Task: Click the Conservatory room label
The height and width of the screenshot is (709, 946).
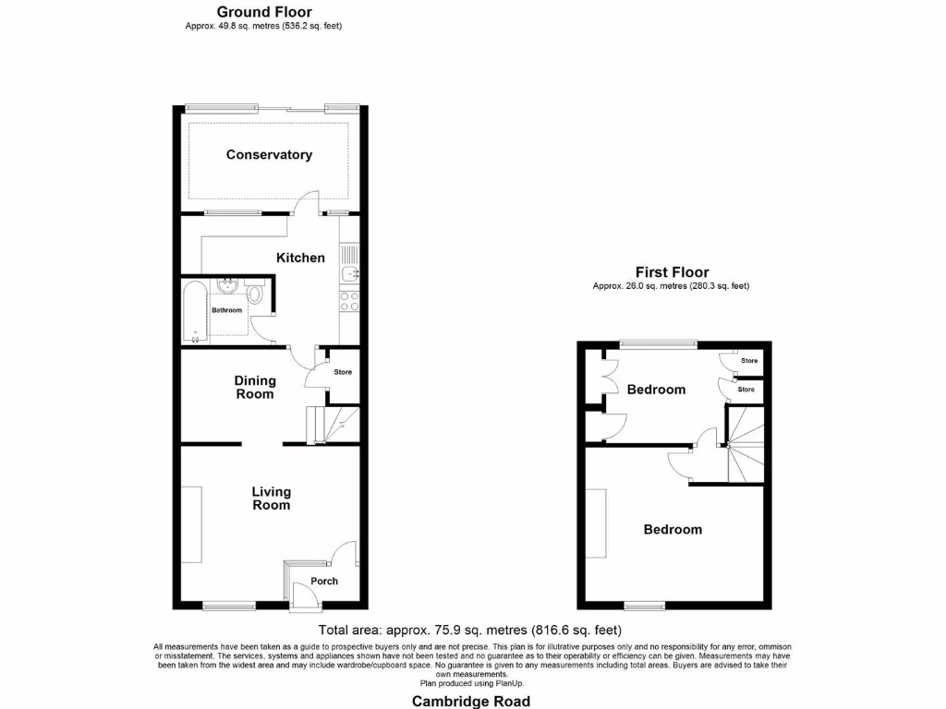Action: [269, 155]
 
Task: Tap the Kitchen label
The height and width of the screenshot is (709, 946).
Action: [300, 258]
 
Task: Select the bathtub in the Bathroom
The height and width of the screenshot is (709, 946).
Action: [194, 311]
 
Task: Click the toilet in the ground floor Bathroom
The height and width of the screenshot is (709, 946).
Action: [256, 294]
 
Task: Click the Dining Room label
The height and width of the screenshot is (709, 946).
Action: [255, 387]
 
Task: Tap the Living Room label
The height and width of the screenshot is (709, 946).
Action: [271, 499]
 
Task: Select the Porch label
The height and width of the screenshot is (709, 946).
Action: [324, 582]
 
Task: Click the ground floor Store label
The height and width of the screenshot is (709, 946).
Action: [343, 373]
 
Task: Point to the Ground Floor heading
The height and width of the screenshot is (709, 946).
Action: [264, 12]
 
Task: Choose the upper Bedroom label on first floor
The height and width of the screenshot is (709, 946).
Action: [656, 390]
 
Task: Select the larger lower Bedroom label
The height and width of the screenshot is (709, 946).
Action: [673, 530]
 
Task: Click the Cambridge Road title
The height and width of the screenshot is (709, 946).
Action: [471, 701]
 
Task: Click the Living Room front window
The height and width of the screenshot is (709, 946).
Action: [228, 606]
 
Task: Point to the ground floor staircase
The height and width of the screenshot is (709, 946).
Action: [331, 425]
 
